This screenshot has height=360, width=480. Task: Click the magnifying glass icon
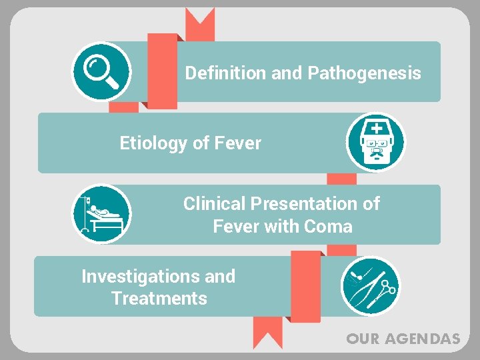101,71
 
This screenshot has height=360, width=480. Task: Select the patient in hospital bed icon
101,214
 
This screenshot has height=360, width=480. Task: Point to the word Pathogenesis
363,73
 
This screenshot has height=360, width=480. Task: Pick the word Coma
328,227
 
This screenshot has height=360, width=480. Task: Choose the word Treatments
159,299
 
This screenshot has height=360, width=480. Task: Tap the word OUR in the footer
362,339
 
